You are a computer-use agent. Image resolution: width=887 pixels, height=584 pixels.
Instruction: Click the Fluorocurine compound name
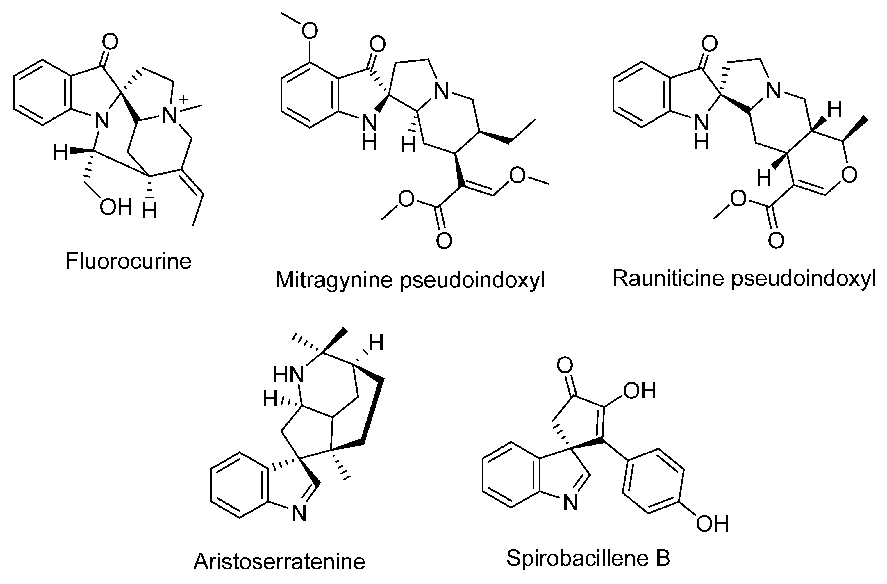click(129, 261)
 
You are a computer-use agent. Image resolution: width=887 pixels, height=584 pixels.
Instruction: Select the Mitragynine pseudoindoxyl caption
click(410, 280)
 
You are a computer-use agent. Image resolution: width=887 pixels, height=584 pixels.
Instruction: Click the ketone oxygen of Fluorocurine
click(110, 42)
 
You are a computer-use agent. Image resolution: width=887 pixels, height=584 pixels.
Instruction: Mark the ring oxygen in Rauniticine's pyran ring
click(849, 175)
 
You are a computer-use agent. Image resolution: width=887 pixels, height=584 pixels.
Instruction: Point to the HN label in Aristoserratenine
click(289, 375)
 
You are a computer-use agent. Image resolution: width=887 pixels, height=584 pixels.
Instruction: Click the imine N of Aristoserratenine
click(299, 514)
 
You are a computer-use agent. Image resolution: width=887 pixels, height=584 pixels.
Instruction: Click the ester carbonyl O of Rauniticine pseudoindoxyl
click(776, 241)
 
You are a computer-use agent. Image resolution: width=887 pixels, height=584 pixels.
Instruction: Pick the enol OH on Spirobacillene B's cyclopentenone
click(639, 391)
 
